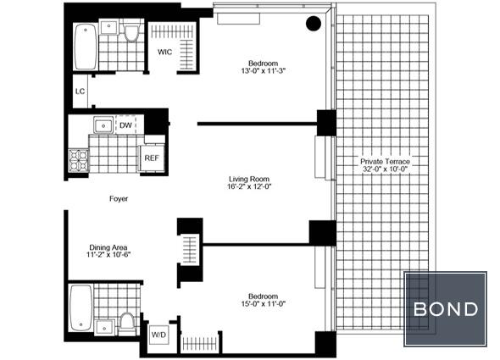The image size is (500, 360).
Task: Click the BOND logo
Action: click(446, 309)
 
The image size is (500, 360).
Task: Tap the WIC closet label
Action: click(165, 52)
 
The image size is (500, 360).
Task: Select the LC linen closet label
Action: click(80, 91)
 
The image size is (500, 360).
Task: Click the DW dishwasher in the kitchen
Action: click(126, 125)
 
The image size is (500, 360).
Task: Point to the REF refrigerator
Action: click(152, 158)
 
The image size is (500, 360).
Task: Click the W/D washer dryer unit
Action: click(158, 335)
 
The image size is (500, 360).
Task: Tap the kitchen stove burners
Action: click(79, 160)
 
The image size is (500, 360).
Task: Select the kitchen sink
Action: click(103, 125)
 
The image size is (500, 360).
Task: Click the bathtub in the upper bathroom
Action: click(86, 47)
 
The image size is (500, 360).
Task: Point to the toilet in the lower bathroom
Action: click(127, 324)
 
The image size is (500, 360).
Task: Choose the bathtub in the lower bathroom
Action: click(81, 307)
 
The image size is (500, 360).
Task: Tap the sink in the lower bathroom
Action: click(104, 327)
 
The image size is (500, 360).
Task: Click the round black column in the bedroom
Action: click(314, 24)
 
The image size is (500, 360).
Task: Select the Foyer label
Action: click(119, 199)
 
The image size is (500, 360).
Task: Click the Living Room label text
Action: click(249, 179)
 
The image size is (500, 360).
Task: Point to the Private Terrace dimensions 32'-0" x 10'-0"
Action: click(386, 169)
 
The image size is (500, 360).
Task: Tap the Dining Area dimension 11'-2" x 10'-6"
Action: click(108, 255)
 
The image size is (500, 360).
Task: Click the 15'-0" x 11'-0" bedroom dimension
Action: click(263, 304)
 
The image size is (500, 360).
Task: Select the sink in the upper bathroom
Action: click(108, 26)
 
